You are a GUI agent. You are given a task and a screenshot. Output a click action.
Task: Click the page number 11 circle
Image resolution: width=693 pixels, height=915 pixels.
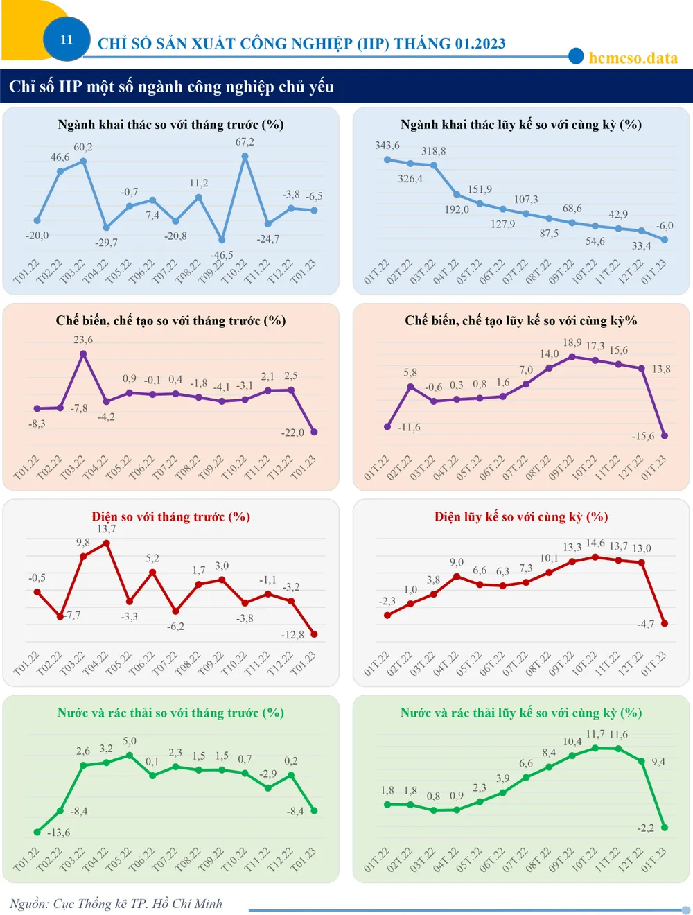click(x=67, y=40)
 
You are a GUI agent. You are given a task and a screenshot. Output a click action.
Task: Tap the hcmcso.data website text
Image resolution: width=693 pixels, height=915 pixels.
click(x=633, y=58)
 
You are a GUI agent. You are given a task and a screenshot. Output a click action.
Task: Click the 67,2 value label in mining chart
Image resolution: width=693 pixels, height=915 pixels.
click(x=245, y=142)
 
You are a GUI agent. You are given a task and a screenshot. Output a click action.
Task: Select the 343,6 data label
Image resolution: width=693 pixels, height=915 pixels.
click(x=387, y=146)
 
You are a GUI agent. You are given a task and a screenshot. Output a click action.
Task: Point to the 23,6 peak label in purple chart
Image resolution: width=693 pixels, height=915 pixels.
click(x=83, y=340)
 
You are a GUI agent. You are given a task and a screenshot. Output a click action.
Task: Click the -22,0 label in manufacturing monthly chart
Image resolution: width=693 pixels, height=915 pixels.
click(x=292, y=433)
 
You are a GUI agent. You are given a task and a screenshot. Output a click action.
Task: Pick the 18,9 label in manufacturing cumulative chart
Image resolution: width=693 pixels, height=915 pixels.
click(x=572, y=342)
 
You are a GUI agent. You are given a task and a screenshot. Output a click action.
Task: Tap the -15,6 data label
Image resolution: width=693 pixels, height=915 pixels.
click(x=642, y=436)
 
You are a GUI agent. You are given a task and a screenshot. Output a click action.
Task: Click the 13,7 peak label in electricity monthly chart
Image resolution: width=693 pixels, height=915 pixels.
click(x=106, y=529)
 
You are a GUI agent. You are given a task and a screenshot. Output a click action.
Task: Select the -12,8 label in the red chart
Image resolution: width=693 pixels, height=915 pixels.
click(x=292, y=634)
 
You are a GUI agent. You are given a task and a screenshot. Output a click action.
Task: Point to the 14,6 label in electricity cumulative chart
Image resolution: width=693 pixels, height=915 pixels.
click(x=595, y=543)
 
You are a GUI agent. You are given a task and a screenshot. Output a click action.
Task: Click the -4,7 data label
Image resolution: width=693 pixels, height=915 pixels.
click(x=645, y=624)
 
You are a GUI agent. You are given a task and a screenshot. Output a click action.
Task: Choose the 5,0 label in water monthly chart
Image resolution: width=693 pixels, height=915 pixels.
click(x=130, y=741)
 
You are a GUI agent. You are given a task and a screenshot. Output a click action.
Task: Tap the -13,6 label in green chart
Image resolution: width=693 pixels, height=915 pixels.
click(x=58, y=833)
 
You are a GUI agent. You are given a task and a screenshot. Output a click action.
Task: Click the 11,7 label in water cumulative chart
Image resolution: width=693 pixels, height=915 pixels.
click(x=595, y=734)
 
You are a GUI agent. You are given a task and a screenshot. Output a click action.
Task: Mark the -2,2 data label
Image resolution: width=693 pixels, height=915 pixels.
click(x=645, y=828)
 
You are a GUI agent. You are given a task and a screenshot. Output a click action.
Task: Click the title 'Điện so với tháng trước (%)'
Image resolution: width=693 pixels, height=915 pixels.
click(x=170, y=516)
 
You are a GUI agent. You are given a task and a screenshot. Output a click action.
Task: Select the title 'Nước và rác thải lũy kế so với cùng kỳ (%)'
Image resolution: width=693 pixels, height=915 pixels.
click(x=520, y=713)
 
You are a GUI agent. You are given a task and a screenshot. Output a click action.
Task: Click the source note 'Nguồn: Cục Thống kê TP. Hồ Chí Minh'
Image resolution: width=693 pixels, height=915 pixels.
click(x=116, y=903)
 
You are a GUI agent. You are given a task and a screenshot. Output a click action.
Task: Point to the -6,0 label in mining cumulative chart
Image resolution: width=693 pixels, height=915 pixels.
click(x=665, y=225)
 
